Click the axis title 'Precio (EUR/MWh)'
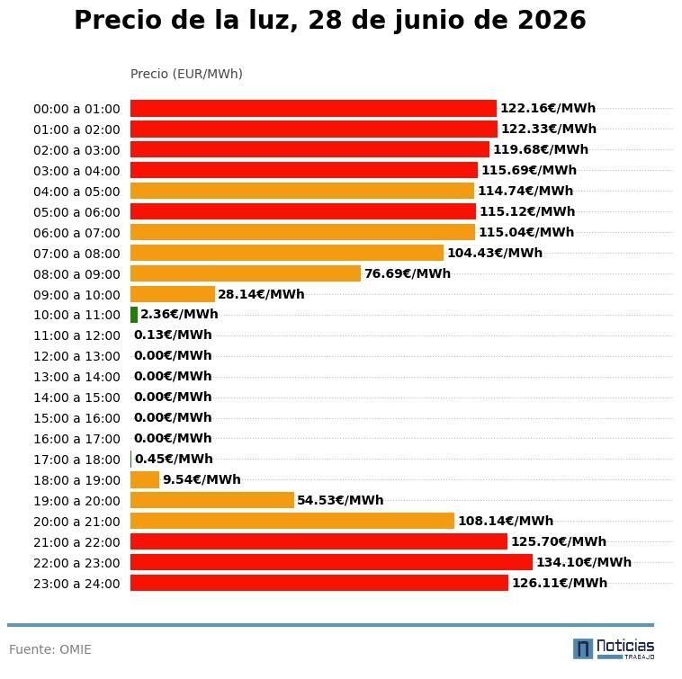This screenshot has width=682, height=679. pyautogui.click(x=186, y=74)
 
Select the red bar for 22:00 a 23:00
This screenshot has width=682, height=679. pyautogui.click(x=331, y=562)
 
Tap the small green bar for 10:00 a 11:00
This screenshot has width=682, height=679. pyautogui.click(x=134, y=315)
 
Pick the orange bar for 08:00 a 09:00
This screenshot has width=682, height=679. pyautogui.click(x=246, y=273)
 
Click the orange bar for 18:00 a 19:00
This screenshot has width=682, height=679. pyautogui.click(x=145, y=480)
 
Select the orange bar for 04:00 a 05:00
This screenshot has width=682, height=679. pyautogui.click(x=302, y=191)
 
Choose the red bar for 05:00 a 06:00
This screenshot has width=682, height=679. pyautogui.click(x=303, y=211)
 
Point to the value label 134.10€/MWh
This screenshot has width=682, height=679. pyautogui.click(x=584, y=562)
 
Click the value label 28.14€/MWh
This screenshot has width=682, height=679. pyautogui.click(x=261, y=294)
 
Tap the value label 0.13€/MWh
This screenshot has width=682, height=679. pyautogui.click(x=173, y=335)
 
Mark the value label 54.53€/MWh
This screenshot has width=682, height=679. pyautogui.click(x=340, y=500)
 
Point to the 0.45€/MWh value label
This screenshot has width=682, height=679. pyautogui.click(x=174, y=459)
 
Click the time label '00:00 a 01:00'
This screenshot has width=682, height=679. pyautogui.click(x=76, y=109)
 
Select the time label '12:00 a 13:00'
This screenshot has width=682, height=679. pyautogui.click(x=76, y=356)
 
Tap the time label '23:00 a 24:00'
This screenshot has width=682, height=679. pyautogui.click(x=76, y=584)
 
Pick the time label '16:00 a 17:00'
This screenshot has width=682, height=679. pyautogui.click(x=76, y=439)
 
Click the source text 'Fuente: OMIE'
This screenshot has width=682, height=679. pyautogui.click(x=50, y=649)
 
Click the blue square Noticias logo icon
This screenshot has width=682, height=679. pyautogui.click(x=583, y=649)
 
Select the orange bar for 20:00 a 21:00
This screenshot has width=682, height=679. pyautogui.click(x=292, y=521)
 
